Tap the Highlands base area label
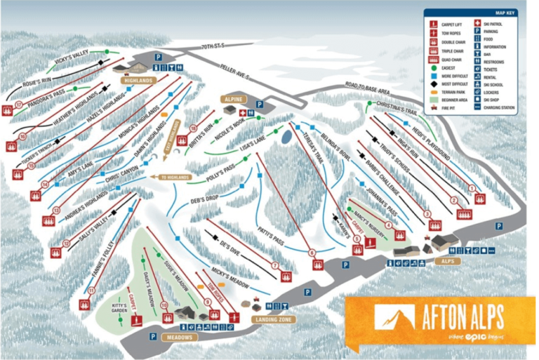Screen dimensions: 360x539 (x=138, y=81)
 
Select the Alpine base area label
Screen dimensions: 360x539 (x=233, y=100)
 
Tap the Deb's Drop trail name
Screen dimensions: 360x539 (x=185, y=199)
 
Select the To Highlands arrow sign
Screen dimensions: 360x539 (x=175, y=178)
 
